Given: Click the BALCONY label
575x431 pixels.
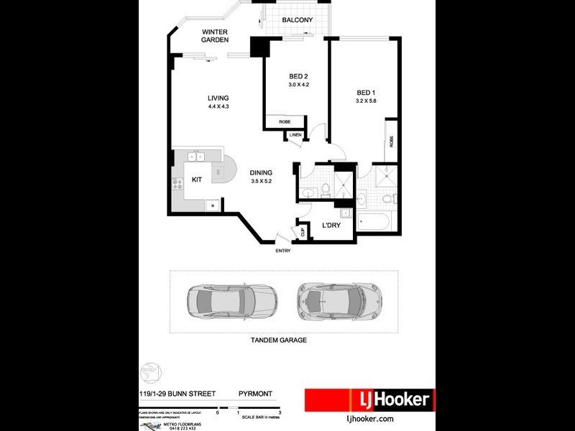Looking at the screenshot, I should click(296, 20).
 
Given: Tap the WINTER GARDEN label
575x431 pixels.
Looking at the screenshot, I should click(215, 36).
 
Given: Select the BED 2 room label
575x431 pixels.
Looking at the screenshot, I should click(298, 76).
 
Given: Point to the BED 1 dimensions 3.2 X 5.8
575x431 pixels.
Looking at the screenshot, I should click(366, 101).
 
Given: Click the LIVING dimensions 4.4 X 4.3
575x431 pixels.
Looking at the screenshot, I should click(218, 107).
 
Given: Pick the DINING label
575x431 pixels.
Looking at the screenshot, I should click(260, 172).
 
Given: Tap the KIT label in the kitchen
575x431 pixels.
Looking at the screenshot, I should click(196, 180).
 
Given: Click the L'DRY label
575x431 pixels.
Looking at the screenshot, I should click(331, 226).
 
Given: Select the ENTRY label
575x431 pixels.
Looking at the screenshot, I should click(282, 251).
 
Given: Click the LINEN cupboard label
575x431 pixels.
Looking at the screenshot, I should click(295, 135).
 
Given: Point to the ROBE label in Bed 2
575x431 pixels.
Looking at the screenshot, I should click(285, 122).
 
